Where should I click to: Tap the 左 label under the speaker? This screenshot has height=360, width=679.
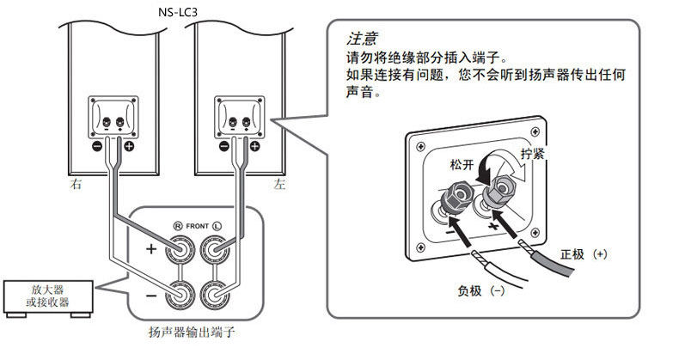(x=278, y=184)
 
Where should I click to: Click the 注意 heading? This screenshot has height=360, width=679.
(x=362, y=40)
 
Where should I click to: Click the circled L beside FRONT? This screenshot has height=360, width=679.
(x=217, y=226)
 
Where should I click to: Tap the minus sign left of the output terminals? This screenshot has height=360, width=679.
(x=150, y=295)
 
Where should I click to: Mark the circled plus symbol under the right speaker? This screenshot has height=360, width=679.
(x=129, y=146)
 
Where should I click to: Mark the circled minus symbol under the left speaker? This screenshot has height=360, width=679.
(x=224, y=146)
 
